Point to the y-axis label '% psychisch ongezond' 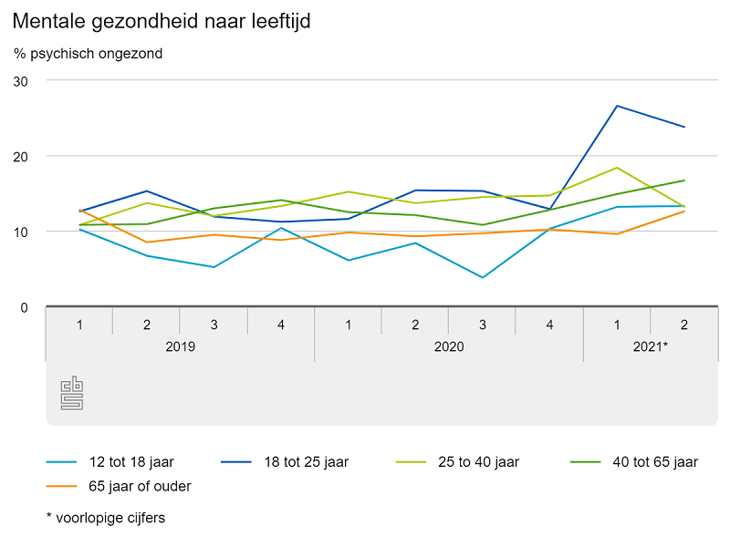coord(88,54)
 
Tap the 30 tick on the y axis coord(20,80)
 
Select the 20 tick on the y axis coord(20,156)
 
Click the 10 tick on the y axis coord(20,232)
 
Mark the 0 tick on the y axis coord(25,307)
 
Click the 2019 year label coord(180,347)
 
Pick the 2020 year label coord(449,347)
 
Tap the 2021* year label coord(652,347)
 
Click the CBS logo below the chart coord(72,393)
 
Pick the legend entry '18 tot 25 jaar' coord(305,462)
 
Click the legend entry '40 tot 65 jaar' coord(655,462)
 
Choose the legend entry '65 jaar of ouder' coord(140,486)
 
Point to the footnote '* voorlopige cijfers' coord(106,518)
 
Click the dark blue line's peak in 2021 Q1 coord(618,106)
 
